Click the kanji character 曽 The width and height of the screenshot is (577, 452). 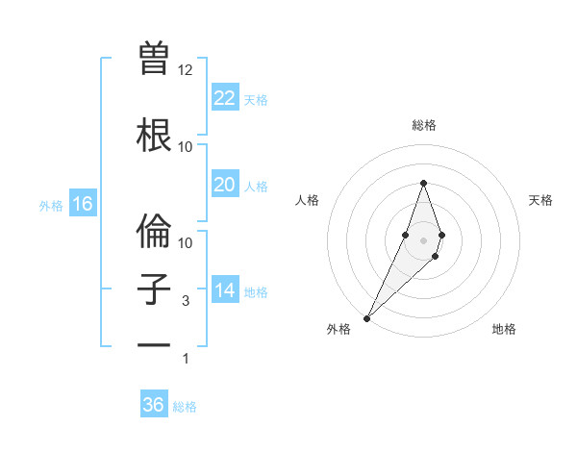click(154, 58)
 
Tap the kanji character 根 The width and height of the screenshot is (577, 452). click(154, 136)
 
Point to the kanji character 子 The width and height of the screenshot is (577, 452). click(154, 290)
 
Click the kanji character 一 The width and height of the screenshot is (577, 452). click(154, 345)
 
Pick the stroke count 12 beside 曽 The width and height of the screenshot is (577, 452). click(186, 70)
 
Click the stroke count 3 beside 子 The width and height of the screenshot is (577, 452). click(186, 301)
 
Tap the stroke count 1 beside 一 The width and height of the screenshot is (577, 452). click(186, 359)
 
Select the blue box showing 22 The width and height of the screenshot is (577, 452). click(224, 97)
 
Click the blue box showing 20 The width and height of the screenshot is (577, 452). click(224, 185)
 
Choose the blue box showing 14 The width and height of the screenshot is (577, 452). click(224, 289)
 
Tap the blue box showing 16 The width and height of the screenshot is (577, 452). click(82, 204)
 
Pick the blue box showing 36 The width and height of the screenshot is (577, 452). click(154, 405)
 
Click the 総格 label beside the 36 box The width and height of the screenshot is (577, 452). click(185, 407)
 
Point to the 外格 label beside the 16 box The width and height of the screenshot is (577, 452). click(51, 206)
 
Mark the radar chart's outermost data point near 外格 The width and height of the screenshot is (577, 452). click(366, 317)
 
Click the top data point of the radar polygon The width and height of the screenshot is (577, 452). click(423, 183)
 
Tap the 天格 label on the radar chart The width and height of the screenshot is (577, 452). click(540, 200)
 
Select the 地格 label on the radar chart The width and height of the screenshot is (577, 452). click(504, 329)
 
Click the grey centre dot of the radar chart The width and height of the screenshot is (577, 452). click(423, 239)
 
